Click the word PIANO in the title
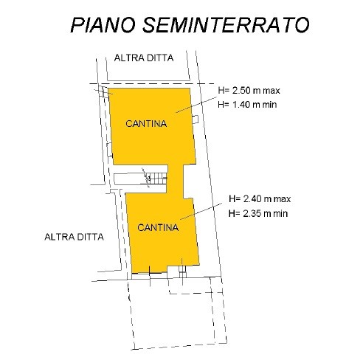[x=103, y=25]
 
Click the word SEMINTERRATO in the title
[x=226, y=25]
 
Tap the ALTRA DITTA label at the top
[x=144, y=58]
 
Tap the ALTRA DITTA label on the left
[x=74, y=237]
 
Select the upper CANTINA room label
[x=146, y=123]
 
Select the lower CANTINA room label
[x=158, y=227]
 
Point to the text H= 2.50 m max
[x=249, y=91]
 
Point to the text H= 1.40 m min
[x=247, y=105]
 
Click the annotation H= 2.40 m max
[x=260, y=198]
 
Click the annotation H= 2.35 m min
[x=258, y=213]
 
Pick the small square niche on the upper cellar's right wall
[x=196, y=120]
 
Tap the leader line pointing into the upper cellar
[x=196, y=105]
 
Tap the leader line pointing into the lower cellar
[x=201, y=211]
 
